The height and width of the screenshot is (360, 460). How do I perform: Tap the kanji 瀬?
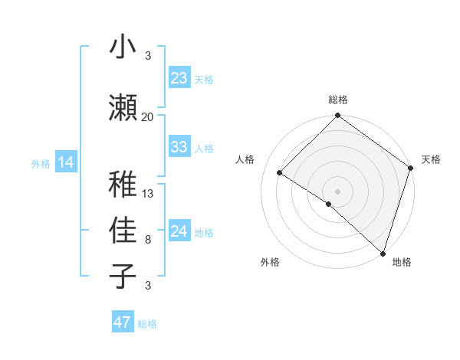tap(123, 106)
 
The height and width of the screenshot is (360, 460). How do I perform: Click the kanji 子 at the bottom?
tap(123, 276)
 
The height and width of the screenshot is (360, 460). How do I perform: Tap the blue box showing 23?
tap(179, 78)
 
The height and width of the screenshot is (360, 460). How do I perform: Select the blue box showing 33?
tap(179, 147)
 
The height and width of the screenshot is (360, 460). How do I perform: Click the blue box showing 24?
tap(179, 231)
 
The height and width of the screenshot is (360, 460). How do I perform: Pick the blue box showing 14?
tap(66, 162)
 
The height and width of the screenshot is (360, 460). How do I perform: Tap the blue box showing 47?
tap(123, 322)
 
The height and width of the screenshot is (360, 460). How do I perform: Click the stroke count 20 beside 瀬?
tap(148, 116)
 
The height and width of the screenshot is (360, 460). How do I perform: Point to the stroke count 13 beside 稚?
tap(149, 193)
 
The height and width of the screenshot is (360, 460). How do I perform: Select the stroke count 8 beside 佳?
tap(148, 240)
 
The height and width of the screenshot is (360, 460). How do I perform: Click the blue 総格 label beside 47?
tap(147, 324)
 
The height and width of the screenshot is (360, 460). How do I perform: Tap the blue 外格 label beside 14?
tap(41, 163)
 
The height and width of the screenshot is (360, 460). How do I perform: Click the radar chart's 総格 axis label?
tap(338, 100)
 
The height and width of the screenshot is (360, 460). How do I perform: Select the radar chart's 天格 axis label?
tap(431, 159)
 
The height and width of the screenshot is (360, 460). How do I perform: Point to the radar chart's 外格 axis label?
tap(270, 262)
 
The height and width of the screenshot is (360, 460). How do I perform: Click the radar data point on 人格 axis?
tap(280, 173)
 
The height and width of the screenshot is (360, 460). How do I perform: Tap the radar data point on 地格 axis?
tap(382, 253)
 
